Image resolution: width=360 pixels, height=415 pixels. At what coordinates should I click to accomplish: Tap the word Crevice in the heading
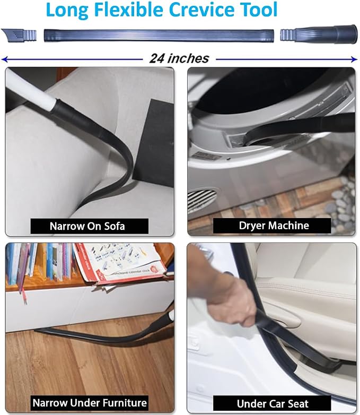pos(201,10)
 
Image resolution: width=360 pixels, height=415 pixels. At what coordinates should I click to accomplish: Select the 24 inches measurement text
pos(179,58)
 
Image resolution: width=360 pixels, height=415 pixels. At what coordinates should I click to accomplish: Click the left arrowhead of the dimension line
pos(4,59)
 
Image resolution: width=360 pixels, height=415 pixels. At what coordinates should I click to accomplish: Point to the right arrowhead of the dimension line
pos(355,59)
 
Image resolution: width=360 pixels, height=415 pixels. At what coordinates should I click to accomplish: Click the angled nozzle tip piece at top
pos(19,36)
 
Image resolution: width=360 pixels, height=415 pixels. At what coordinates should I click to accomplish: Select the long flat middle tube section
pos(159,36)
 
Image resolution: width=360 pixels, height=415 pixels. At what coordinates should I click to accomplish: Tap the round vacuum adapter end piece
pos(319,34)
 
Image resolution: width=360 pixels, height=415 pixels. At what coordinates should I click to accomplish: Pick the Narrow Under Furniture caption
pos(90,403)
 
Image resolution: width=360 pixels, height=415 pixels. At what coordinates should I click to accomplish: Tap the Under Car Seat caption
pos(273,404)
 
